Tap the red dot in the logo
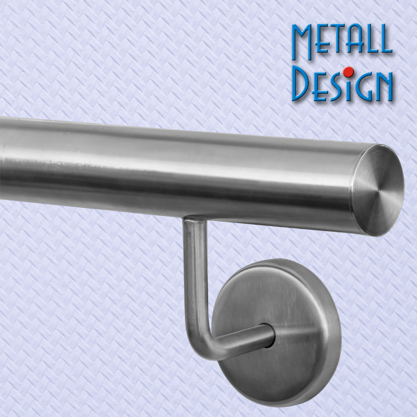[x=348, y=72]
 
